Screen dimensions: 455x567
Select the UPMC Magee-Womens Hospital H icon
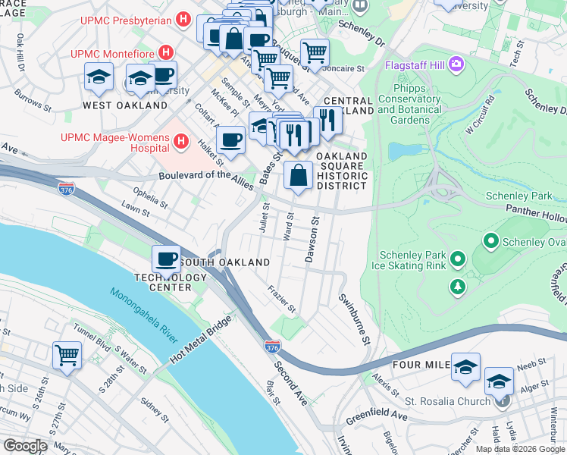pos(180,140)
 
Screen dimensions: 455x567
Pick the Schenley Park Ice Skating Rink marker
pos(457,260)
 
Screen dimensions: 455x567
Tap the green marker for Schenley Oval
pos(490,242)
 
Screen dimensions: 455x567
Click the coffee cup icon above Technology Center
pos(166,259)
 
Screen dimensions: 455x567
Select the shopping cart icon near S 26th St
pos(67,354)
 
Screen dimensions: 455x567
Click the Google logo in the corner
pos(24,446)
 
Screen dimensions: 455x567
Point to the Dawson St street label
pos(310,240)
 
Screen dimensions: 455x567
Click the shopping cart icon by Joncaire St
pos(315,52)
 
